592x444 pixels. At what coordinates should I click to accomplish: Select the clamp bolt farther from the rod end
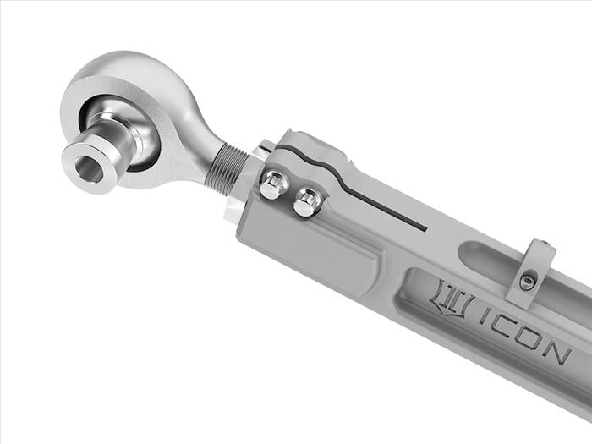308,203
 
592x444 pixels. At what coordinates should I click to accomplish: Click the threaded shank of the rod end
227,166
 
